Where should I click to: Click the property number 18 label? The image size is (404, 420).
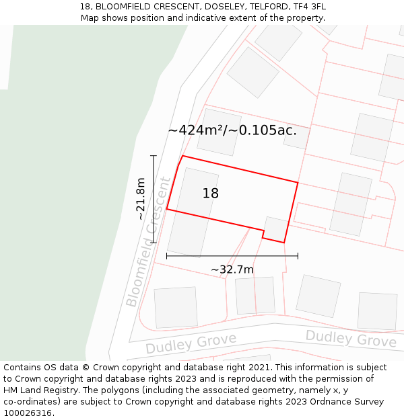tap(211, 194)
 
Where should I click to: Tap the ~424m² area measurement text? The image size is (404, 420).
tap(232, 130)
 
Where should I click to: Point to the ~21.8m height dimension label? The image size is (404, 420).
tap(141, 199)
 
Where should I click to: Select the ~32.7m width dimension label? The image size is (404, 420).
tap(232, 270)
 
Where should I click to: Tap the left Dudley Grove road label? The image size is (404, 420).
tap(191, 343)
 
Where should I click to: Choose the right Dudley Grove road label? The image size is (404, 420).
tap(351, 339)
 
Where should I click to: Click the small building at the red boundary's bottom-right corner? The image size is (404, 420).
tap(275, 228)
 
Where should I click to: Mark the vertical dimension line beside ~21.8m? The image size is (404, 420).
tap(154, 199)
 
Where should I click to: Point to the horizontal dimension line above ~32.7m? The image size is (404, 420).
tap(232, 255)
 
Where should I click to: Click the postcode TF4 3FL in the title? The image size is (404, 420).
tap(307, 7)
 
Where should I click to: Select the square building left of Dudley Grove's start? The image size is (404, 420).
tap(176, 308)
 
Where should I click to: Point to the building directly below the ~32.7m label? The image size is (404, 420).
tap(255, 295)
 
